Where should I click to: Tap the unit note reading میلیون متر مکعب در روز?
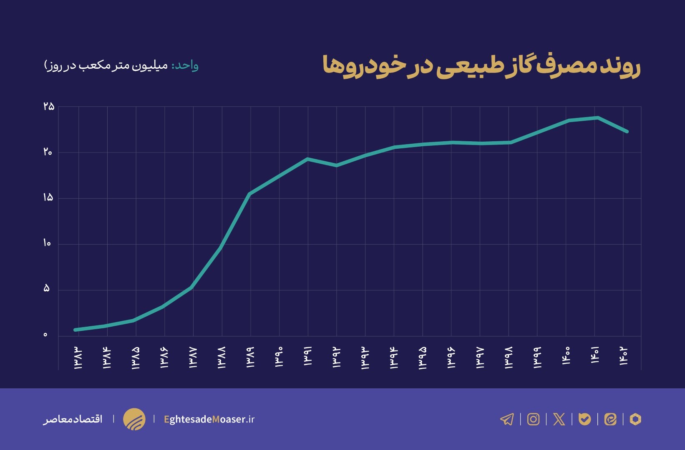pos(106,66)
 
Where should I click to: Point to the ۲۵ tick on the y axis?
pos(49,107)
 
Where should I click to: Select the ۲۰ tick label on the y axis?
pos(48,152)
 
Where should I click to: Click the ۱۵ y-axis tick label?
pos(48,197)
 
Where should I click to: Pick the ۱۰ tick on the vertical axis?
pos(47,243)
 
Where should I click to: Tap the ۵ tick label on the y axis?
pos(46,289)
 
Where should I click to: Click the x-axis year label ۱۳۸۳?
pos(78,357)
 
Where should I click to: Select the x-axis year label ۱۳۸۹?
pos(250,357)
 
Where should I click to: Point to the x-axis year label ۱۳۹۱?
pos(308,357)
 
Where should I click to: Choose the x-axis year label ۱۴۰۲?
pos(623,357)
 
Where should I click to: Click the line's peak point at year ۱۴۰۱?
pos(598,117)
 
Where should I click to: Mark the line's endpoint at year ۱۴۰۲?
pos(627,132)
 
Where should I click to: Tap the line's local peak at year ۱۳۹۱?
pos(307,159)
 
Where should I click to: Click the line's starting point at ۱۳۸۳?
pos(76,330)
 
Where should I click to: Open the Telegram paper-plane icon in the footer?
pos(507,419)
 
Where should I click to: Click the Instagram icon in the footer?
pos(533,419)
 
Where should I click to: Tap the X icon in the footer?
pos(559,419)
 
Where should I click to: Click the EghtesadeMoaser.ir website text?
pos(209,419)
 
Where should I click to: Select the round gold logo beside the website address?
pos(134,419)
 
